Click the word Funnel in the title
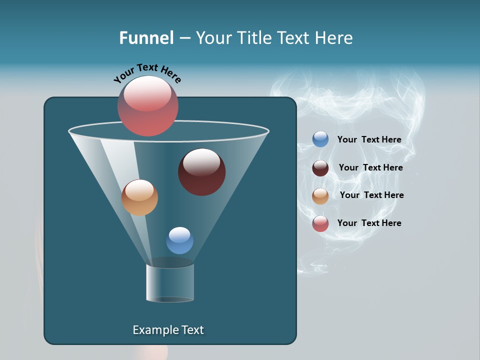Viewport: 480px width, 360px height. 146,38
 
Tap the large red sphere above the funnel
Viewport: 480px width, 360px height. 148,106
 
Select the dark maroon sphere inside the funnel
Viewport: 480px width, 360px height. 202,172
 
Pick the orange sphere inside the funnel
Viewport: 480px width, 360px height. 139,197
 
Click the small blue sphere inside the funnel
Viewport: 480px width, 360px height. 179,240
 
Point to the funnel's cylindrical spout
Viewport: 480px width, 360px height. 170,282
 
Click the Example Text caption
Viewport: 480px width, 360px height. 168,330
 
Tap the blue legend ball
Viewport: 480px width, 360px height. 320,139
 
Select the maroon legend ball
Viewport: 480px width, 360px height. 320,168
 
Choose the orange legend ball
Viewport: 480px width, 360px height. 320,196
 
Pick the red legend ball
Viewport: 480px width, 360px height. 320,223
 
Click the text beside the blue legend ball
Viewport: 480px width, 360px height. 369,140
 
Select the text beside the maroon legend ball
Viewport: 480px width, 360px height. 370,168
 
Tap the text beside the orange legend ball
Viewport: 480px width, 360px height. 371,195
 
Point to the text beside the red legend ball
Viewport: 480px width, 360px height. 369,223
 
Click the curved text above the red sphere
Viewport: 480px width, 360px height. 147,73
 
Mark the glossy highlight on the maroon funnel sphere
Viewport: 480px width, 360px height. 201,162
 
